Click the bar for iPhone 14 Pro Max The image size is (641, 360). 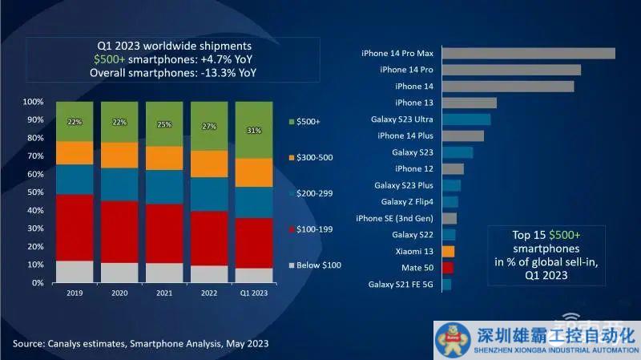[x=528, y=54]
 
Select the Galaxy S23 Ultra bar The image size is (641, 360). [x=466, y=119]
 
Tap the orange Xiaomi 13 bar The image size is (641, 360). [x=448, y=251]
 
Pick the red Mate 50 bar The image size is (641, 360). [x=448, y=268]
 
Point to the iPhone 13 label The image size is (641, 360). [x=413, y=103]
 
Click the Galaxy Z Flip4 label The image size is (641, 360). [x=407, y=202]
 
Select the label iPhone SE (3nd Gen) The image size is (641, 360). [x=394, y=218]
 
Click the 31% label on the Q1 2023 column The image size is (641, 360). [x=254, y=131]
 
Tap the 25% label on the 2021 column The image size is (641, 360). [x=164, y=124]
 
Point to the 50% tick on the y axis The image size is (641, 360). [x=34, y=192]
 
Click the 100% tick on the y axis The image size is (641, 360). [x=33, y=103]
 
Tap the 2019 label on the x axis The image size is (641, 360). [x=75, y=293]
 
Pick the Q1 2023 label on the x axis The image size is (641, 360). [x=254, y=293]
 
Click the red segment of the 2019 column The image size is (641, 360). [x=75, y=228]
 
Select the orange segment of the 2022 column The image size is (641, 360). [x=209, y=164]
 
